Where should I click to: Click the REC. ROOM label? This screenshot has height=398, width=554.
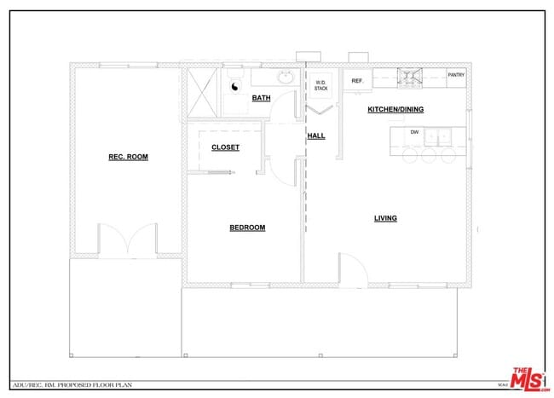[x=128, y=157]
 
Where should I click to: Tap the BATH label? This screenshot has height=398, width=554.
[x=261, y=99]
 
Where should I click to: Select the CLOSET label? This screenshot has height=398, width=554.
[x=225, y=147]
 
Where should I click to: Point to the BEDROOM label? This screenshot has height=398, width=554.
[x=247, y=228]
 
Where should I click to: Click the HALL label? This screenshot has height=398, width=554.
[x=315, y=136]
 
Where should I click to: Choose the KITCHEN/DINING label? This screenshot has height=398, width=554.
[x=395, y=110]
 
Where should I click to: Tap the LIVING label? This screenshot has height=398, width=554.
[x=385, y=218]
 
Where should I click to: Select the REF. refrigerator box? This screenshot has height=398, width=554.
[x=356, y=81]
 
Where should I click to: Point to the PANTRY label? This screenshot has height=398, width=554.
[x=457, y=75]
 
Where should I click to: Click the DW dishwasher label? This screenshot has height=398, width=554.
[x=414, y=132]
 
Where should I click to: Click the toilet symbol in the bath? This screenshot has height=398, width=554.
[x=234, y=85]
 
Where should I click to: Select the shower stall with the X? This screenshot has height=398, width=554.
[x=203, y=90]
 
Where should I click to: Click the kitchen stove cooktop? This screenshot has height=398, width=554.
[x=411, y=78]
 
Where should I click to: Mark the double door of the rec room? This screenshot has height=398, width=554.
[x=128, y=239]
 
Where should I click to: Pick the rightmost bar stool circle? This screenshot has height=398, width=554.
[x=447, y=157]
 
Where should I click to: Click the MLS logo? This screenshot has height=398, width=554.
[x=528, y=378]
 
